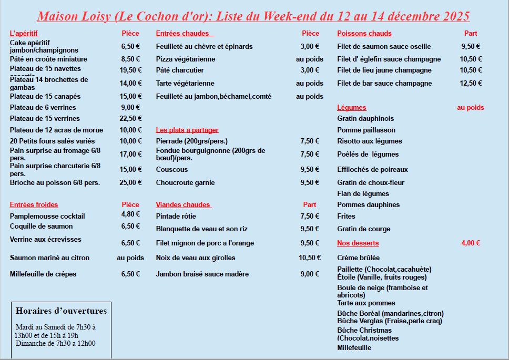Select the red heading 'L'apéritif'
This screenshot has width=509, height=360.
24,34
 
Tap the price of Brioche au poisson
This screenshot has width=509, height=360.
131,183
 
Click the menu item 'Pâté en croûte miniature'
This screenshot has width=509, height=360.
48,59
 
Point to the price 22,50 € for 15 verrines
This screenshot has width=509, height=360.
131,119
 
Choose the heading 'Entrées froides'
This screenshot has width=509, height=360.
34,205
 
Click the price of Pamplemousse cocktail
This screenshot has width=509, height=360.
131,214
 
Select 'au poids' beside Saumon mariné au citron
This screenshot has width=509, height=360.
130,258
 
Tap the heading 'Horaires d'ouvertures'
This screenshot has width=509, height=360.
61,311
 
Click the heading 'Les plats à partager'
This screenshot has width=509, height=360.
187,130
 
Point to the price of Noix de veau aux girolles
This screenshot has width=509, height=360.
310,258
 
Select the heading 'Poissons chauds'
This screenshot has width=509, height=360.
364,34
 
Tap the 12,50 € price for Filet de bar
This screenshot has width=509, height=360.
471,84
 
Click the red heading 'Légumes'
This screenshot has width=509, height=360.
352,108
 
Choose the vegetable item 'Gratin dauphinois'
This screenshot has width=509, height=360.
365,119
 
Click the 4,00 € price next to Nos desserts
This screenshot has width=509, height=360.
471,243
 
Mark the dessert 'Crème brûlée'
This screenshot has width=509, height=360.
358,258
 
